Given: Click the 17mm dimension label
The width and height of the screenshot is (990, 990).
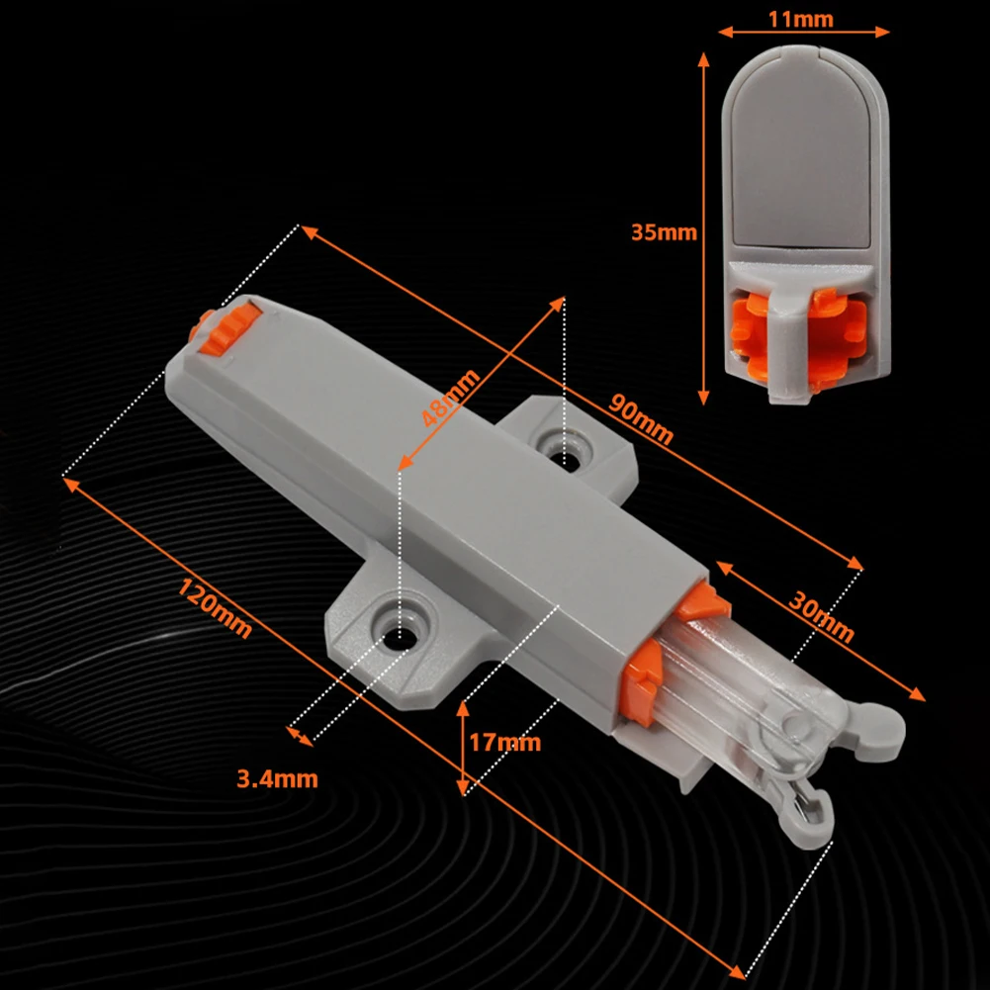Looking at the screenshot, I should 505,742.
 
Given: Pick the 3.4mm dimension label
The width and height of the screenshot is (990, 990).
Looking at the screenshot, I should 278,778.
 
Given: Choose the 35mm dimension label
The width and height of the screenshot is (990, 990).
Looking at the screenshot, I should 664,233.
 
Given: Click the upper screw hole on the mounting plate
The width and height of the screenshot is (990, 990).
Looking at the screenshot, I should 565,456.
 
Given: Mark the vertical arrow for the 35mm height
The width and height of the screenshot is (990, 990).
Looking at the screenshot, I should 704,227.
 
